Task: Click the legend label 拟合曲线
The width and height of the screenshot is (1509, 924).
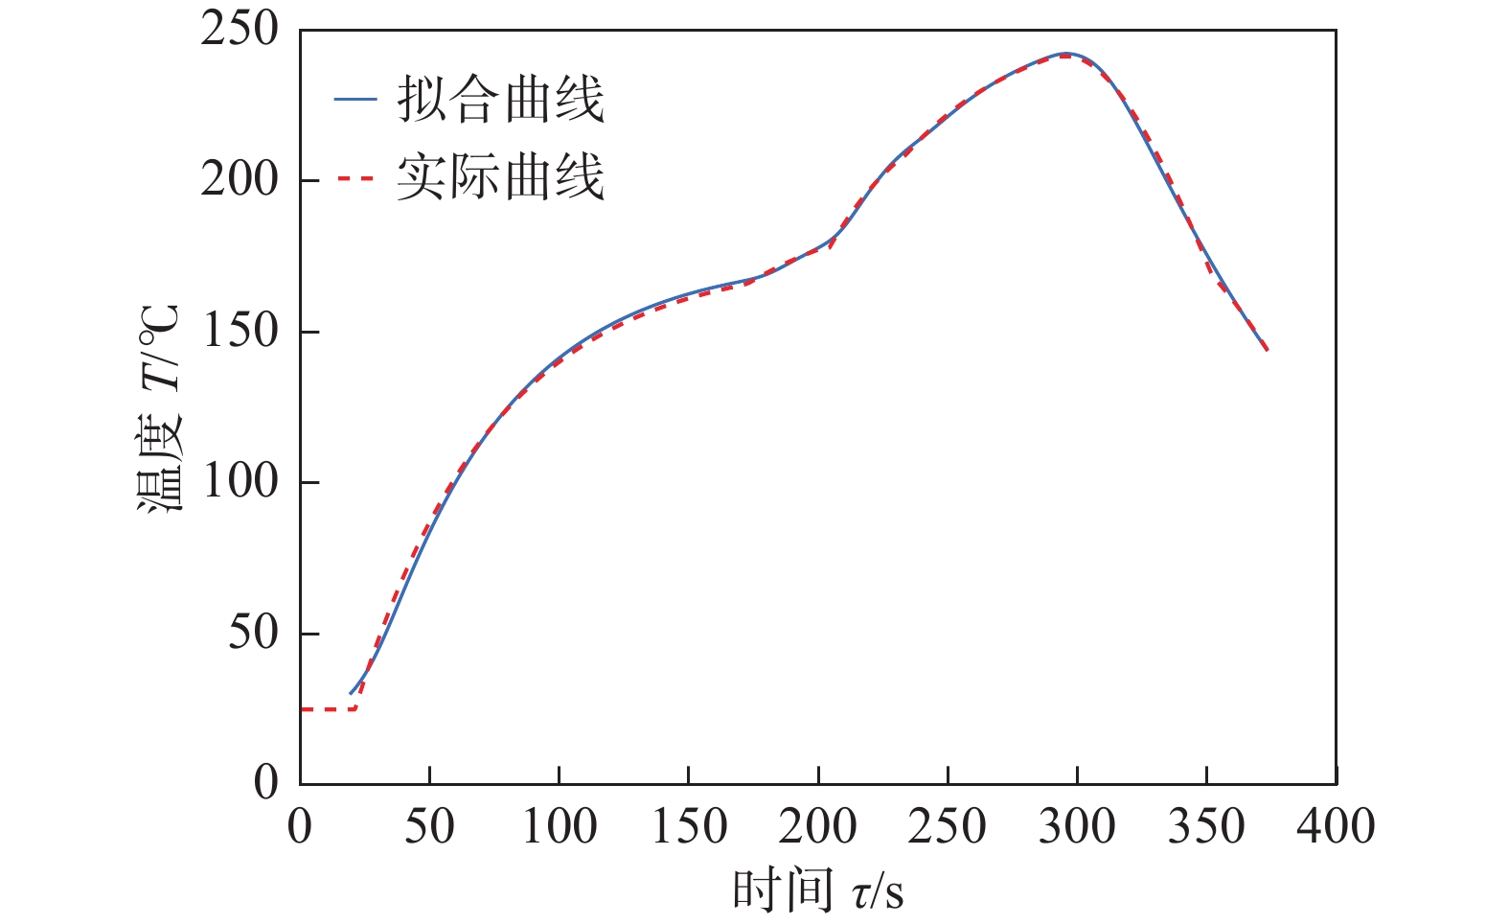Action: click(501, 99)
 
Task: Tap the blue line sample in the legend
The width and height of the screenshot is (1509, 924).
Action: click(354, 100)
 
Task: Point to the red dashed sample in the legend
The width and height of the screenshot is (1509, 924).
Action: click(354, 177)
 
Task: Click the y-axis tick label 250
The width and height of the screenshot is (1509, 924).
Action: click(240, 30)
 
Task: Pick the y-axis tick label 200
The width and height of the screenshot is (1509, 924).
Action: click(240, 180)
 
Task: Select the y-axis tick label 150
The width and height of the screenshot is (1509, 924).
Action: click(240, 332)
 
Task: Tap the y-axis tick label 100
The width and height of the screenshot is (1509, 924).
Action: click(240, 482)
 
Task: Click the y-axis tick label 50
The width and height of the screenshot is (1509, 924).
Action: click(253, 633)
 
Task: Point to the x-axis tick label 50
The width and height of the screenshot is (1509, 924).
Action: click(429, 826)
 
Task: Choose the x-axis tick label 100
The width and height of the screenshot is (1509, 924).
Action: click(559, 826)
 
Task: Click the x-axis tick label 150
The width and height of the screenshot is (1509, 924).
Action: click(688, 826)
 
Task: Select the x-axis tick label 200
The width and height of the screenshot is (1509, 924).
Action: click(817, 826)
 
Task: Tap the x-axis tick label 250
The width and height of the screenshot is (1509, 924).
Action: click(947, 826)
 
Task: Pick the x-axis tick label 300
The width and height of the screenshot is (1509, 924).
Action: click(1077, 826)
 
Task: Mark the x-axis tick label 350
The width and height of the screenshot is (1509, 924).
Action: click(1206, 826)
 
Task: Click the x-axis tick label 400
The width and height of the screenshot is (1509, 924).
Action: click(1336, 826)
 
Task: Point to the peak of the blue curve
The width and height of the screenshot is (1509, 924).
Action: click(1066, 54)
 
